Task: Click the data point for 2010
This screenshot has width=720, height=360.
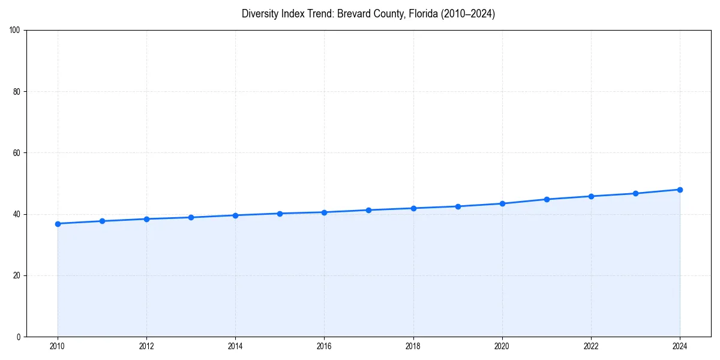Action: pos(58,224)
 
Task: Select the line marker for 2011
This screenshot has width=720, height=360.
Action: pos(102,221)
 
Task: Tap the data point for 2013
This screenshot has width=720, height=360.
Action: pos(191,217)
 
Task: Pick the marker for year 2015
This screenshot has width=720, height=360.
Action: pos(280,214)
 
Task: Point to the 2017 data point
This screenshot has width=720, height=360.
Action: pos(368,210)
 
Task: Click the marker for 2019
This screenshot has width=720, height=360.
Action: pos(458,206)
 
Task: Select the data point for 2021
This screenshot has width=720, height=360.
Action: pos(547,199)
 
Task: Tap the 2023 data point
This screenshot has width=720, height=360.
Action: pos(635,193)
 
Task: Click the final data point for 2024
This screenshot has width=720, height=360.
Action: pos(680,190)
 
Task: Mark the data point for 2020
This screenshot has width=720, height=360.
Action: pos(502,203)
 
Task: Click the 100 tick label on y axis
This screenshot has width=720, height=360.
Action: pos(16,31)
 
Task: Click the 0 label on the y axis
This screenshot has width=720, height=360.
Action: pos(19,337)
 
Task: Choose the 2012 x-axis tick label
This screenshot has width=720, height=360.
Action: pos(146,346)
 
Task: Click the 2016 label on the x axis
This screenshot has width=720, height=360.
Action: pos(324,346)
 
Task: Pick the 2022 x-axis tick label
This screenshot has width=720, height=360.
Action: pos(591,346)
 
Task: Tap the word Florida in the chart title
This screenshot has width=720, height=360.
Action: pos(423,14)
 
